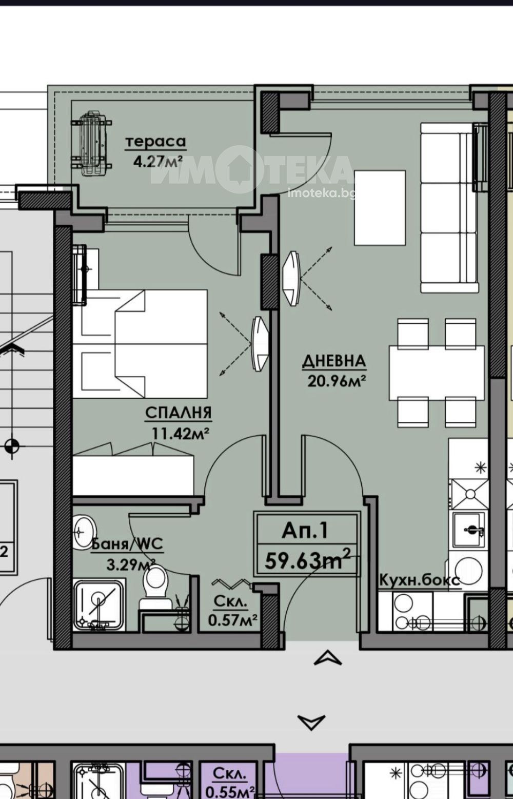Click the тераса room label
pyautogui.click(x=155, y=142)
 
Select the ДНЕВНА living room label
pyautogui.click(x=334, y=362)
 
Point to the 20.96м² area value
pyautogui.click(x=337, y=381)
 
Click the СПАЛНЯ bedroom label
pyautogui.click(x=178, y=413)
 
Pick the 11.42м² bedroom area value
pyautogui.click(x=181, y=434)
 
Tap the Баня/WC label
pyautogui.click(x=127, y=544)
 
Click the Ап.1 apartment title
pyautogui.click(x=305, y=531)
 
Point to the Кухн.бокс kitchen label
pyautogui.click(x=419, y=580)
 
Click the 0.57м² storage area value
pyautogui.click(x=232, y=620)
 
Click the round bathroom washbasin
pyautogui.click(x=85, y=532)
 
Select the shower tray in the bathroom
pyautogui.click(x=99, y=606)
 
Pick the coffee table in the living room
pyautogui.click(x=380, y=208)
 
